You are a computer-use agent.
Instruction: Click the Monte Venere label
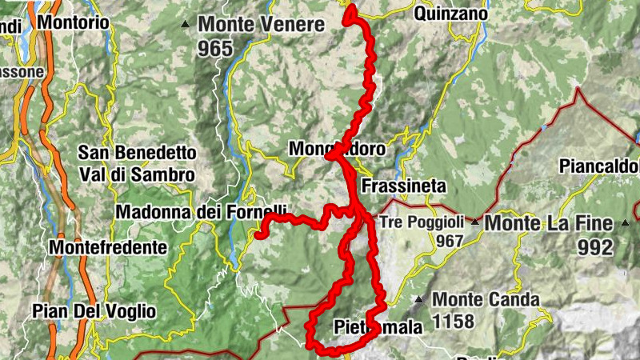(x=262, y=25)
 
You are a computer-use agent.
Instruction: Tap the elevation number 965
(x=216, y=49)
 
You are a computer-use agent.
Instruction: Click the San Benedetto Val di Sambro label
(x=136, y=162)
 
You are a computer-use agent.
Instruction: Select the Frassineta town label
(x=403, y=186)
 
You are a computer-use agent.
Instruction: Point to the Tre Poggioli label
(x=420, y=222)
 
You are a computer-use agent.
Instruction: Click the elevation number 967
(x=450, y=241)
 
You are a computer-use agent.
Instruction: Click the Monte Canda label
(x=486, y=300)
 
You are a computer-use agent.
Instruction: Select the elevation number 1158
(x=454, y=322)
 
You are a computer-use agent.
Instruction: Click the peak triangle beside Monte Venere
(x=186, y=25)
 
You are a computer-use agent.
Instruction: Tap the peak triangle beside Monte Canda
(x=418, y=301)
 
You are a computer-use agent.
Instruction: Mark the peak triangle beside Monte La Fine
(x=474, y=222)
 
